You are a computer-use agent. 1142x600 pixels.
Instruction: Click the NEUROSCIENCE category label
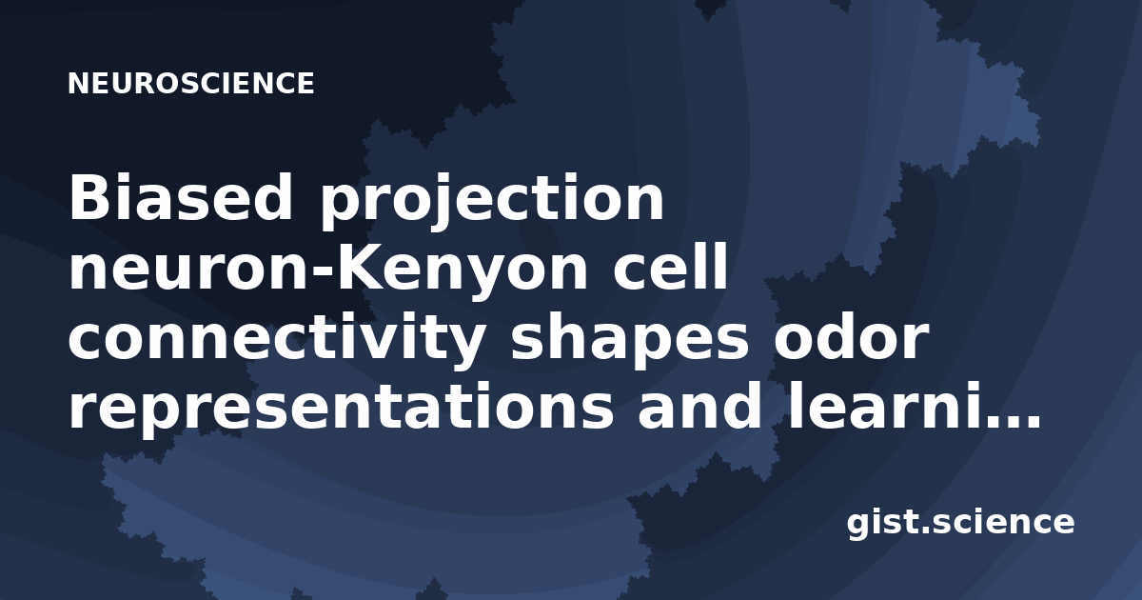[x=191, y=83]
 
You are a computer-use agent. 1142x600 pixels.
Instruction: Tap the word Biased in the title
[x=181, y=197]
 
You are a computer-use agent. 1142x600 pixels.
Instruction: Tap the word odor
[x=850, y=334]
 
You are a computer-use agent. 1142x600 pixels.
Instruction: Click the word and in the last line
[x=699, y=404]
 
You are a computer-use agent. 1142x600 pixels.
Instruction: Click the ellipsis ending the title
[x=1012, y=421]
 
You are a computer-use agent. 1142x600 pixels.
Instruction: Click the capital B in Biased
[x=90, y=197]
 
